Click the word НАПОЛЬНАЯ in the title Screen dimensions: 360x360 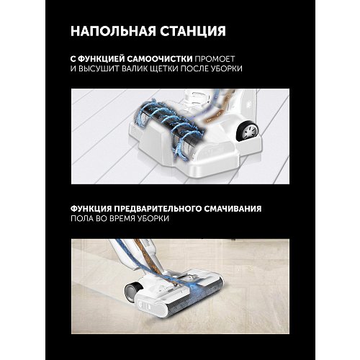tap(109, 32)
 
